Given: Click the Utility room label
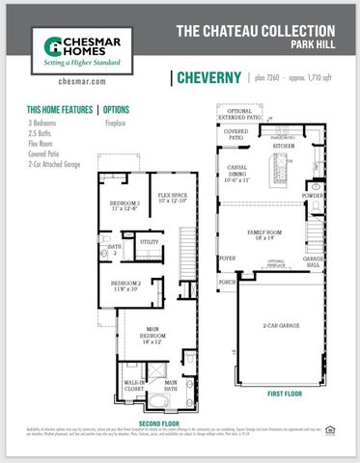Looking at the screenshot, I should [150, 241].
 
